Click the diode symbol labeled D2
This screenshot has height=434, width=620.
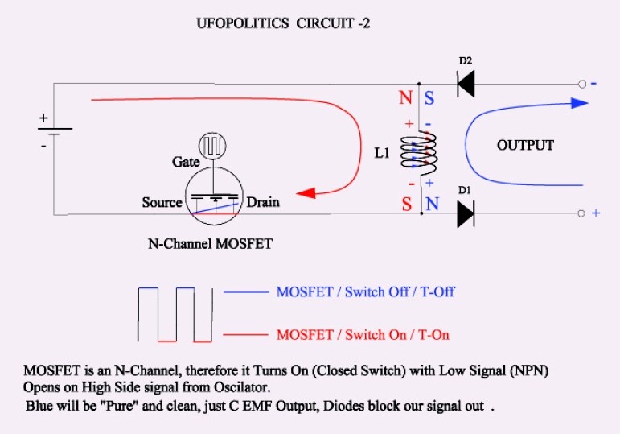(466, 84)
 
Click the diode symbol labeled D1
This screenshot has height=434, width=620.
(466, 214)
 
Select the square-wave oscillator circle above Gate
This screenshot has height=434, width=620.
(213, 146)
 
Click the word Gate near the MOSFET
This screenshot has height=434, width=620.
(186, 162)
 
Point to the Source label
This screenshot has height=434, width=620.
(162, 202)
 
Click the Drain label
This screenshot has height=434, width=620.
(263, 202)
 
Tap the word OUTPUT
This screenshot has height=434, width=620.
(525, 145)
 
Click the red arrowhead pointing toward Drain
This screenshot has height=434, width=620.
(306, 193)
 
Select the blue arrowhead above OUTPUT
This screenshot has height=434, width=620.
(580, 103)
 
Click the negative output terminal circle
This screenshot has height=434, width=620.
(582, 84)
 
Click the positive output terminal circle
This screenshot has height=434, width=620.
(581, 213)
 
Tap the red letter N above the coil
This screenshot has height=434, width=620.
(405, 97)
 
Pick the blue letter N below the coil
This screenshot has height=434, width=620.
(432, 204)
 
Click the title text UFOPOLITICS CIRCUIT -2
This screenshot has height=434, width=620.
(284, 23)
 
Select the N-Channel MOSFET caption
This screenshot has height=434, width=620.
(211, 243)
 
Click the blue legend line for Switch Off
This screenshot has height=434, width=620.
(246, 292)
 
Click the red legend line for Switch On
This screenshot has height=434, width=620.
(245, 335)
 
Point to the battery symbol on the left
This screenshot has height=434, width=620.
(55, 131)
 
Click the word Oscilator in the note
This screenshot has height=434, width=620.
(242, 386)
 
